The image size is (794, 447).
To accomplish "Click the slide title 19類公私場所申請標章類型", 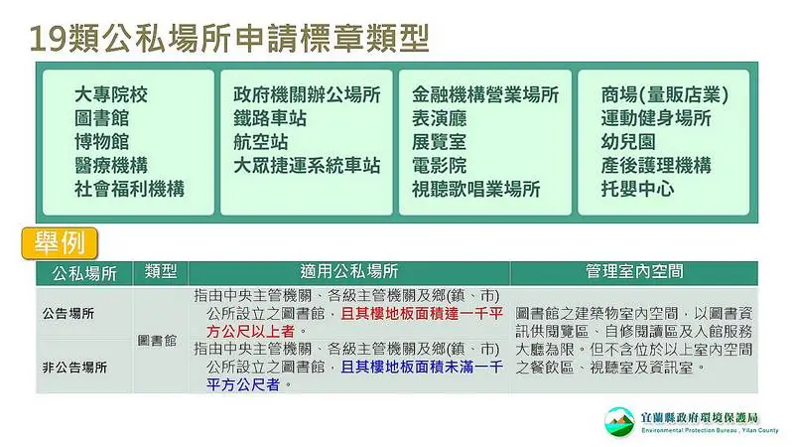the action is (x=229, y=38).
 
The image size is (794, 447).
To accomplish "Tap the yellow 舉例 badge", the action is (x=60, y=243).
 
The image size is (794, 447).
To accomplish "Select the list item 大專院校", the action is (x=111, y=94).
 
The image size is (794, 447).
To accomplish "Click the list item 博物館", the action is (x=102, y=141).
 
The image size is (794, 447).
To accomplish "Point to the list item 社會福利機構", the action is (x=129, y=189).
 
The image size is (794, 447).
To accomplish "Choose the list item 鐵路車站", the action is (x=270, y=118).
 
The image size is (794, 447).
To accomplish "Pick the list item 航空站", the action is (x=261, y=141).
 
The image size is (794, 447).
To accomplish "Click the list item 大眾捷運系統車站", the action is (x=307, y=165).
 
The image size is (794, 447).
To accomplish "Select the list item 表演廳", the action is (x=439, y=118).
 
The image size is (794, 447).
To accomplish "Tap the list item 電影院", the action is (x=439, y=165).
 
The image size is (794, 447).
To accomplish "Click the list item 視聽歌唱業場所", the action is (x=476, y=189).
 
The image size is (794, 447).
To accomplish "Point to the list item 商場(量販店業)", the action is (x=665, y=94).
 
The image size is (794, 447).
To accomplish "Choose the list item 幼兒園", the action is (x=628, y=141).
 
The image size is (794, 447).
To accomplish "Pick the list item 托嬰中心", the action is (x=637, y=189).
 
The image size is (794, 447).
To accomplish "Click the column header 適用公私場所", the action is (x=349, y=271).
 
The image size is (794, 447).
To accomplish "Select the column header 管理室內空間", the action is (x=634, y=271).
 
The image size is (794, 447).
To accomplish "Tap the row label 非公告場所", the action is (x=75, y=367).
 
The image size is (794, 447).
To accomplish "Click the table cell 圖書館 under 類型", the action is (x=157, y=340).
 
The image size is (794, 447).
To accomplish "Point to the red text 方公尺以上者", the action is (x=251, y=332).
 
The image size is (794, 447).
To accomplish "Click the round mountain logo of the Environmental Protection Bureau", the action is (x=619, y=421).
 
